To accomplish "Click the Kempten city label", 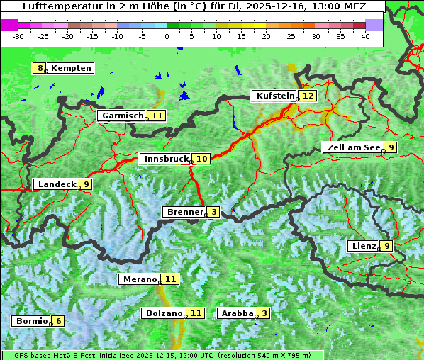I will pyautogui.click(x=71, y=68).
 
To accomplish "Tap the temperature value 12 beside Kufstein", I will pyautogui.click(x=308, y=96).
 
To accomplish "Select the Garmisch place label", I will pyautogui.click(x=121, y=116).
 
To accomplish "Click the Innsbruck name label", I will pyautogui.click(x=165, y=159).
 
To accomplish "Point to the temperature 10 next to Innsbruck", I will pyautogui.click(x=202, y=159).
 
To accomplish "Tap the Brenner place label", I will pyautogui.click(x=184, y=212).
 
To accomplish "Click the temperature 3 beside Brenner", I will pyautogui.click(x=213, y=212).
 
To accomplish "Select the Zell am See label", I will pyautogui.click(x=352, y=147).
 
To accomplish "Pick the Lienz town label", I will pyautogui.click(x=362, y=246).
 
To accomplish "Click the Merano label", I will pyautogui.click(x=138, y=279).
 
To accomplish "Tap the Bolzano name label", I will pyautogui.click(x=164, y=313).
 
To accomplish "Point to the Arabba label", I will pyautogui.click(x=237, y=313).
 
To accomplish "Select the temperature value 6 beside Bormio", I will pyautogui.click(x=58, y=321).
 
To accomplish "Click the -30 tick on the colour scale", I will pyautogui.click(x=18, y=35).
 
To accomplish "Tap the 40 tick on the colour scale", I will pyautogui.click(x=365, y=35).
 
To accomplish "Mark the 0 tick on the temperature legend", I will pyautogui.click(x=167, y=35).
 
